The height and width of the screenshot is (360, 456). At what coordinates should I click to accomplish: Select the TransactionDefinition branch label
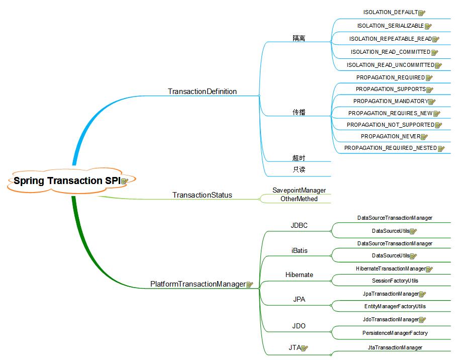202,92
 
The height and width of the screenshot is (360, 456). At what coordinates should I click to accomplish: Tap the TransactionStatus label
202,195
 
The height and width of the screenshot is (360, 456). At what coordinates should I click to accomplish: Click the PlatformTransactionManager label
198,284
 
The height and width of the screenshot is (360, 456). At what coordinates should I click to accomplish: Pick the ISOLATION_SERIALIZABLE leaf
390,26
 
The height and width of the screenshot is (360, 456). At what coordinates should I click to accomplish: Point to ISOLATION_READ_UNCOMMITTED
390,65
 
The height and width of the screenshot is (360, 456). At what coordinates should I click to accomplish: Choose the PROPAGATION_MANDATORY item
390,101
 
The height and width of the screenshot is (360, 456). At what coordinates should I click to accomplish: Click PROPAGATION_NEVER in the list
390,136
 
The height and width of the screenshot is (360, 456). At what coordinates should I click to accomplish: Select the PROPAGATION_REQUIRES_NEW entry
390,113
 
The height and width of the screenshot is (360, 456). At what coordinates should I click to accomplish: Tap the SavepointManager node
299,190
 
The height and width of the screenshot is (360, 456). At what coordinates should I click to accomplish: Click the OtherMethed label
299,199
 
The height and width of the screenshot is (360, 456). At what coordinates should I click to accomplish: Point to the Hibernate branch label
299,275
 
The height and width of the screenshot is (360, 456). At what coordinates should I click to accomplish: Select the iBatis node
299,250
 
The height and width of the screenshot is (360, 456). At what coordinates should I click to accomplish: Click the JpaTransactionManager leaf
391,294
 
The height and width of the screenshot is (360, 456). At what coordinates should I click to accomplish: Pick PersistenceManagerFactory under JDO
395,333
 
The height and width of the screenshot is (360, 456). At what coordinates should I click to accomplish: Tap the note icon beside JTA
304,347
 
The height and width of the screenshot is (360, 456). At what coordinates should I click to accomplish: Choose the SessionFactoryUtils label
395,281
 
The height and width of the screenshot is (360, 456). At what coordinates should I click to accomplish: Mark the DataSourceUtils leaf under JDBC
391,231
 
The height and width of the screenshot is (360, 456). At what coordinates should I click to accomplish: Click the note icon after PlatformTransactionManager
249,285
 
